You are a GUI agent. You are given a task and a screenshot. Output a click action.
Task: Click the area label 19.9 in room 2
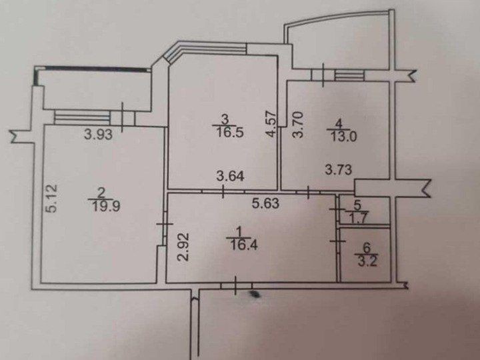pos(98,205)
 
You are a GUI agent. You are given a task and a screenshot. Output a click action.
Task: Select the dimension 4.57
pos(269,124)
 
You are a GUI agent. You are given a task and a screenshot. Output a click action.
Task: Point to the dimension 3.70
pos(299,124)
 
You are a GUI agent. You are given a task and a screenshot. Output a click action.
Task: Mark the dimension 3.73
pos(338,171)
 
